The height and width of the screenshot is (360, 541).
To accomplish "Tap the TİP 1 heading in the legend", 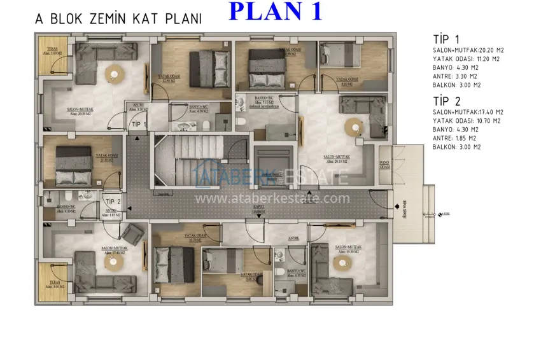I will click(x=446, y=39).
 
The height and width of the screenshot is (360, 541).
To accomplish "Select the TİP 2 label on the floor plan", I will click(x=113, y=202).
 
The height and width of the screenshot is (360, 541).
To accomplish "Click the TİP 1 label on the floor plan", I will click(x=139, y=124).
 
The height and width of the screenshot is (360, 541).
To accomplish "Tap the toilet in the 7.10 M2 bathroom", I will click(x=241, y=121).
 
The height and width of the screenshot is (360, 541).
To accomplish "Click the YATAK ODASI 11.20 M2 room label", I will click(x=105, y=158).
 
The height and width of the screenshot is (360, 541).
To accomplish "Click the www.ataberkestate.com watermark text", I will click(x=272, y=198).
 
